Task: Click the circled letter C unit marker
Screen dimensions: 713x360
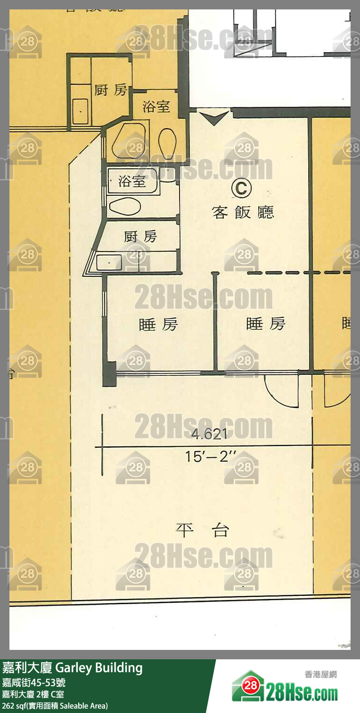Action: coord(241,188)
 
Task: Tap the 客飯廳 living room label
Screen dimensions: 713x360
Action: coord(243,212)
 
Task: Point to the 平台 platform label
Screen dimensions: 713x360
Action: coord(203,531)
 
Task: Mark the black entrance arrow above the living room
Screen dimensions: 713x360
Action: coord(214,117)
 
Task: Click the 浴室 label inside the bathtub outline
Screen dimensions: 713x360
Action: coord(132,181)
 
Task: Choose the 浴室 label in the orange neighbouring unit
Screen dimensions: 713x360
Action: coord(156,106)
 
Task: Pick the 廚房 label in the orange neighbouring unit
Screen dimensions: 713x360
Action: coord(111,89)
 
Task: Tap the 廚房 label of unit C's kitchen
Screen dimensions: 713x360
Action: coord(140,236)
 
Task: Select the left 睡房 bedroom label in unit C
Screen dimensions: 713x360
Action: coord(158,324)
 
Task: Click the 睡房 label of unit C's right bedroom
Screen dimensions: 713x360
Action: coord(266,324)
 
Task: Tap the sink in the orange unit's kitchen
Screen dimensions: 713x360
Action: coord(80,111)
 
